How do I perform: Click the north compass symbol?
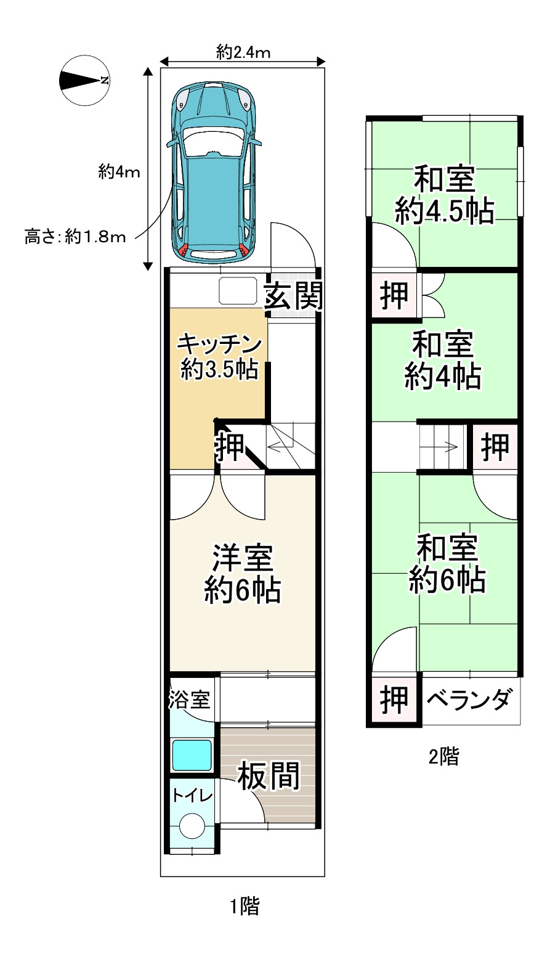coord(84,81)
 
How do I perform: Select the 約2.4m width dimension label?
coord(243,52)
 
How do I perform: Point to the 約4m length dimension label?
coord(119,172)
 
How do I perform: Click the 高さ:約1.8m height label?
coord(75,237)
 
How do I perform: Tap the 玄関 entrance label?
coord(293,296)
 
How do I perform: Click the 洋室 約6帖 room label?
coord(243,574)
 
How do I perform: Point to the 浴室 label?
coord(189,699)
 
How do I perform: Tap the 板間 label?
coord(269,776)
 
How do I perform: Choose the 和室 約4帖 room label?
coord(443,361)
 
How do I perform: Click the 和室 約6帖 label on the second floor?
coord(447,564)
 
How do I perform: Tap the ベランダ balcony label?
coord(469,700)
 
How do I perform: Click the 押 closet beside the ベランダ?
coord(394,700)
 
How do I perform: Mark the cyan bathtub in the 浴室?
coord(192,756)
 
